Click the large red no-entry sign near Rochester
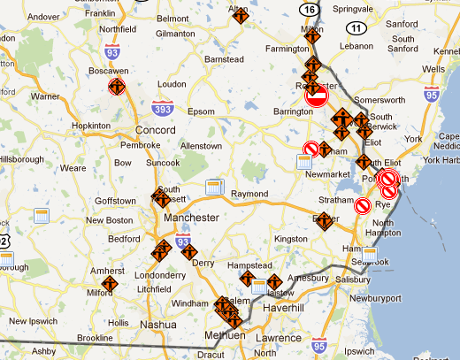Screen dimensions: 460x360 [x=316, y=96]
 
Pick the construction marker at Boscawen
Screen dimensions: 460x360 [x=116, y=87]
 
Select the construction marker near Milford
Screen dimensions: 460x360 [x=111, y=285]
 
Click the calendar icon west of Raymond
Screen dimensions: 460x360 [x=213, y=187]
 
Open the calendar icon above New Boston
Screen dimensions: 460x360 [x=40, y=217]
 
